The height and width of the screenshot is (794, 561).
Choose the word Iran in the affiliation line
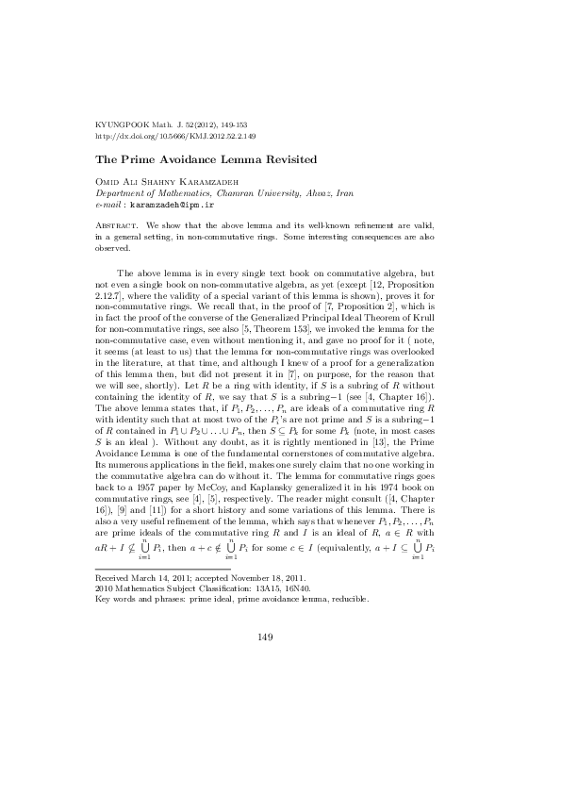[345, 191]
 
